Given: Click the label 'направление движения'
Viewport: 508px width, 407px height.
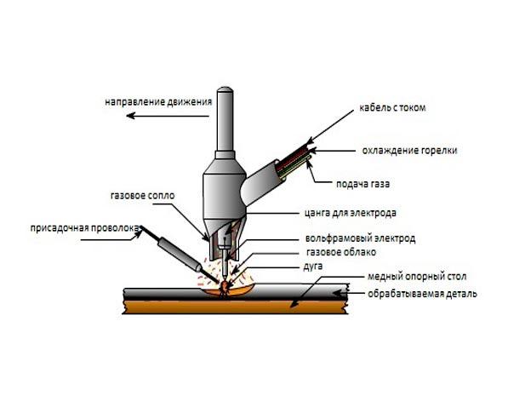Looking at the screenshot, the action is [158, 102].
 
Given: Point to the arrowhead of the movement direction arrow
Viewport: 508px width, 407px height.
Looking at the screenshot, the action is [130, 116].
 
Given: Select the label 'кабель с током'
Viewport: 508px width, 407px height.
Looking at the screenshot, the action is [392, 107].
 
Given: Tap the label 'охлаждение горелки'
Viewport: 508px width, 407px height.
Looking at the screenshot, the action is [409, 151].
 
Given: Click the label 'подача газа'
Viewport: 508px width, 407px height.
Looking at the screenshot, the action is [362, 184].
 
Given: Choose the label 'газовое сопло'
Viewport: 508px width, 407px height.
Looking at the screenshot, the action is [143, 196].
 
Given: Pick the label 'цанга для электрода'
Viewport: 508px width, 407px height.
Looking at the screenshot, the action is [351, 213].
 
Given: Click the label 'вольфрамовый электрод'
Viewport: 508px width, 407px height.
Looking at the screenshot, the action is [360, 238].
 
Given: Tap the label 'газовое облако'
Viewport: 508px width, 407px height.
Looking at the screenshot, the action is [341, 252].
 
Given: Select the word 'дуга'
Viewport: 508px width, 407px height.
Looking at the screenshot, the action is [313, 267].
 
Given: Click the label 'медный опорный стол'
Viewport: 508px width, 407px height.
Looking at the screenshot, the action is [417, 277].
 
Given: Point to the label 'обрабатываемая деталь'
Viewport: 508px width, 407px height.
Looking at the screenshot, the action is [422, 294].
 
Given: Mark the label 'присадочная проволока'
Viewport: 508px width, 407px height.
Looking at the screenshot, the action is [84, 228].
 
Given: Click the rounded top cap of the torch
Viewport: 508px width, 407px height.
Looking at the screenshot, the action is [225, 90].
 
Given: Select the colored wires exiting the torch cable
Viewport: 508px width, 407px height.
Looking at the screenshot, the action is [294, 160].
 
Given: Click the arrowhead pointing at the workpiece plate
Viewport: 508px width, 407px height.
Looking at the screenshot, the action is [338, 294].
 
